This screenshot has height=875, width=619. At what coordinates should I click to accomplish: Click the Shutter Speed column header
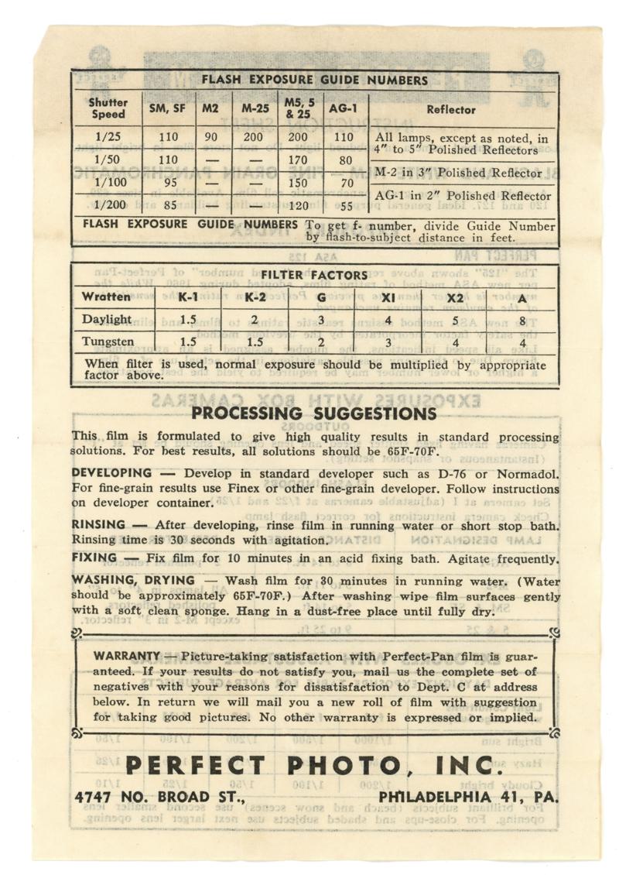[108, 108]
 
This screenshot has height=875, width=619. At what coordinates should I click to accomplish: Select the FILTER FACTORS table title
[313, 275]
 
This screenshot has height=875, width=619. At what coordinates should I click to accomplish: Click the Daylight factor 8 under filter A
[523, 319]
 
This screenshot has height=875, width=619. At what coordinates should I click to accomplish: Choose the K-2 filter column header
[255, 297]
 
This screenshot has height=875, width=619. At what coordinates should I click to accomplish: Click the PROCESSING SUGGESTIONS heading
[313, 413]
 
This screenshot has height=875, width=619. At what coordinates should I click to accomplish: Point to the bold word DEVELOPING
[111, 472]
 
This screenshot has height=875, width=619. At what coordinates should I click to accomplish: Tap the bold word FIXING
[95, 558]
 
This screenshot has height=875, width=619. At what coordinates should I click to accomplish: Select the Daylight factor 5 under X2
[455, 319]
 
